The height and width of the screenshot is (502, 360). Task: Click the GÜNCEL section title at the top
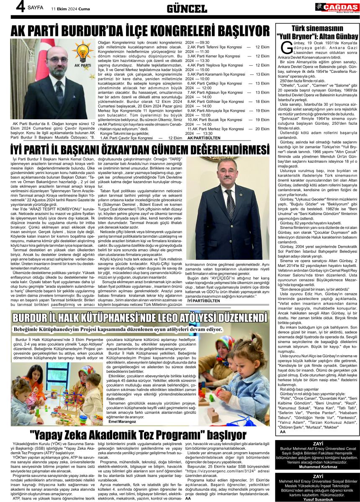point(187,9)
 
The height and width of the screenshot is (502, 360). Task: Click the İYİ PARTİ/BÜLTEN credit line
point(203,300)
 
